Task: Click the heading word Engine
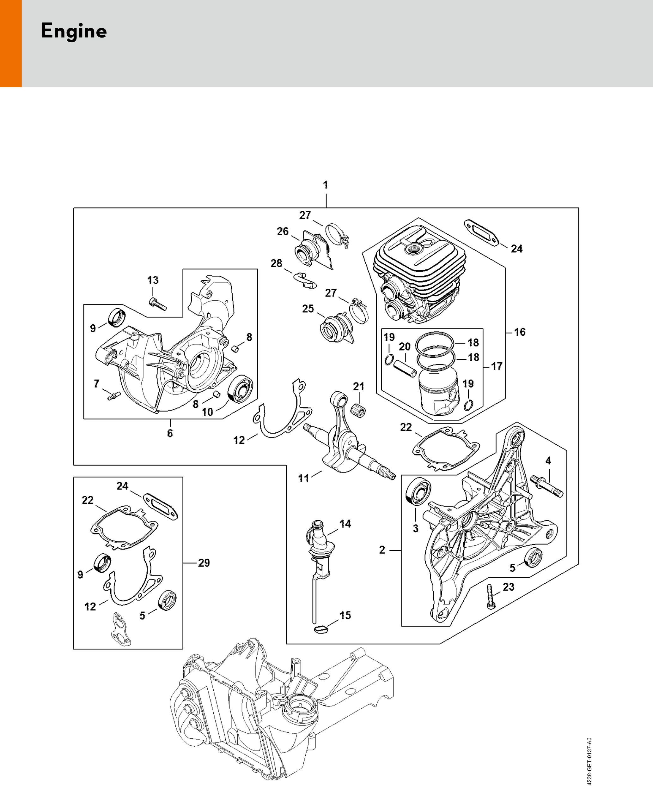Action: [x=74, y=31]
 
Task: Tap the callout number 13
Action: [x=153, y=280]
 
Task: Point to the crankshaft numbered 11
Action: [x=350, y=447]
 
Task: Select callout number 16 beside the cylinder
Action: [x=520, y=332]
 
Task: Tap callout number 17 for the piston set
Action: [x=497, y=366]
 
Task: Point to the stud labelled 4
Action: [x=547, y=486]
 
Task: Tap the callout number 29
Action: [x=204, y=563]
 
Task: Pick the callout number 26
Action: [x=283, y=231]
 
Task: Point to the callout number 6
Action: [x=170, y=433]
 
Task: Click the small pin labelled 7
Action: [x=113, y=396]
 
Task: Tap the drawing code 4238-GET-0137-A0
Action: [x=589, y=761]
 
